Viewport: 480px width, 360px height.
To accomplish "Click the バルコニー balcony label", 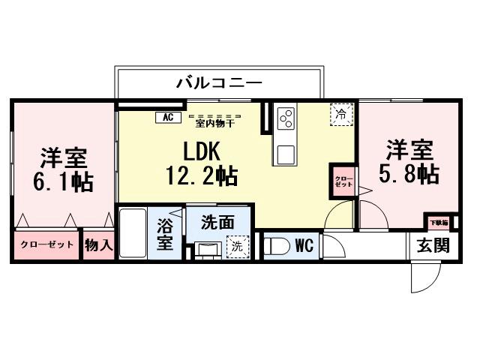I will [x=219, y=82].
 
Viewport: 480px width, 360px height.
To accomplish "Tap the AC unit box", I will [x=167, y=117].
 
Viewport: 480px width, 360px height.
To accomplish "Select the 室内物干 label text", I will [x=214, y=121].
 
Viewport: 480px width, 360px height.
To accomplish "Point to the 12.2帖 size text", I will [x=202, y=177].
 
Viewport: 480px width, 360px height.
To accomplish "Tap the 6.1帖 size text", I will [x=64, y=182].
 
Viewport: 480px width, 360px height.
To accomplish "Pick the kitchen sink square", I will [x=286, y=154].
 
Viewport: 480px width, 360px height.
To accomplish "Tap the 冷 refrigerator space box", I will [x=341, y=115].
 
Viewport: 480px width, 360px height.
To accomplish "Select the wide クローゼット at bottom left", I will [x=46, y=244].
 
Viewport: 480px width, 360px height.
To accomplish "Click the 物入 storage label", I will [x=98, y=244].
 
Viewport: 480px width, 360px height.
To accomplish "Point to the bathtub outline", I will [x=133, y=232].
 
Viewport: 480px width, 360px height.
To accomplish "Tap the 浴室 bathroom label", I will [x=165, y=234].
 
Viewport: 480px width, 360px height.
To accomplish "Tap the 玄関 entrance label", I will [x=433, y=245].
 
